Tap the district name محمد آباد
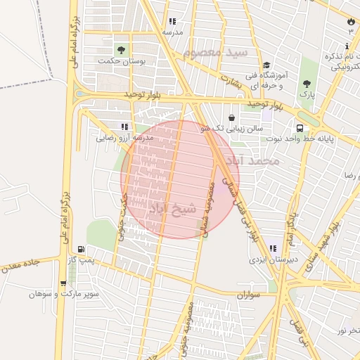point(259,162)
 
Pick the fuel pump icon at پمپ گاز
point(83,249)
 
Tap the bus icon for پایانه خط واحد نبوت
point(300,128)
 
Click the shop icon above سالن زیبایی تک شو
point(233,117)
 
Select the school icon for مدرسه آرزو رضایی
point(124,127)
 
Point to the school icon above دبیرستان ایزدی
point(273,247)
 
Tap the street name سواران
point(248,295)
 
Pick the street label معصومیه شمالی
point(209,210)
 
